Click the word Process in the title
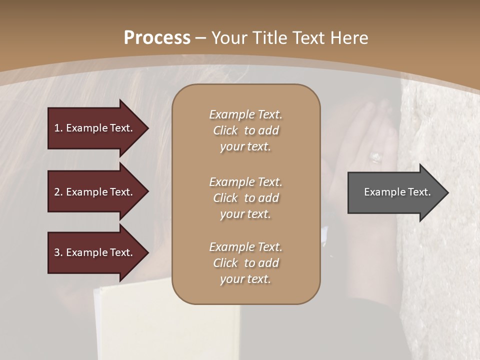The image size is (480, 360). pos(157,38)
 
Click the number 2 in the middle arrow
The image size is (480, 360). pos(57,192)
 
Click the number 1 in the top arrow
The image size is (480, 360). pos(57,128)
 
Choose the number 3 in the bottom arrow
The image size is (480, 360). pos(57,252)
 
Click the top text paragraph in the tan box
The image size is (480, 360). pos(245,130)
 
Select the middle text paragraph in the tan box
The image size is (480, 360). pos(245,197)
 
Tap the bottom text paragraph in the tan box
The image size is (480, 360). pos(245,263)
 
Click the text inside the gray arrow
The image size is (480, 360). pos(397,192)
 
